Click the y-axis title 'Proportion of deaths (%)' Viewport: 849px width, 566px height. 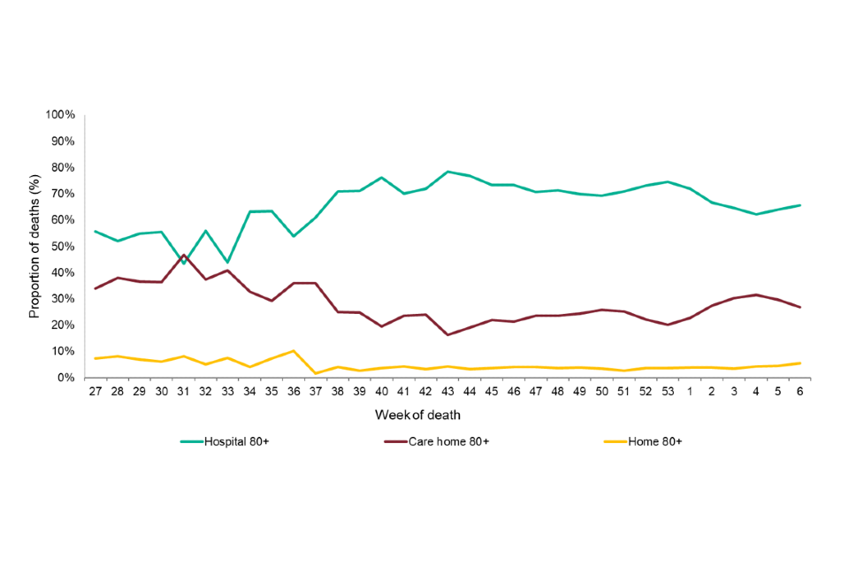(34, 246)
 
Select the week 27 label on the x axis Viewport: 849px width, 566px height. (95, 391)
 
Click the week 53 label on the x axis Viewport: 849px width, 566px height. (668, 391)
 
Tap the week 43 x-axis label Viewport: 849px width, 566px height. (447, 391)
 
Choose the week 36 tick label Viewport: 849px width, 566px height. (293, 391)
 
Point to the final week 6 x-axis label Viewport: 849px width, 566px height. (800, 391)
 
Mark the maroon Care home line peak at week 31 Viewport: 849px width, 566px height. (183, 255)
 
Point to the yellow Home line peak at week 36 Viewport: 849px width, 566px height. (293, 350)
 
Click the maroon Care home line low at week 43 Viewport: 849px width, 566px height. (447, 334)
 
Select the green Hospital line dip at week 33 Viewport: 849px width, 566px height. (227, 263)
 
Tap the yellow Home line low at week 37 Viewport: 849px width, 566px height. (315, 373)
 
